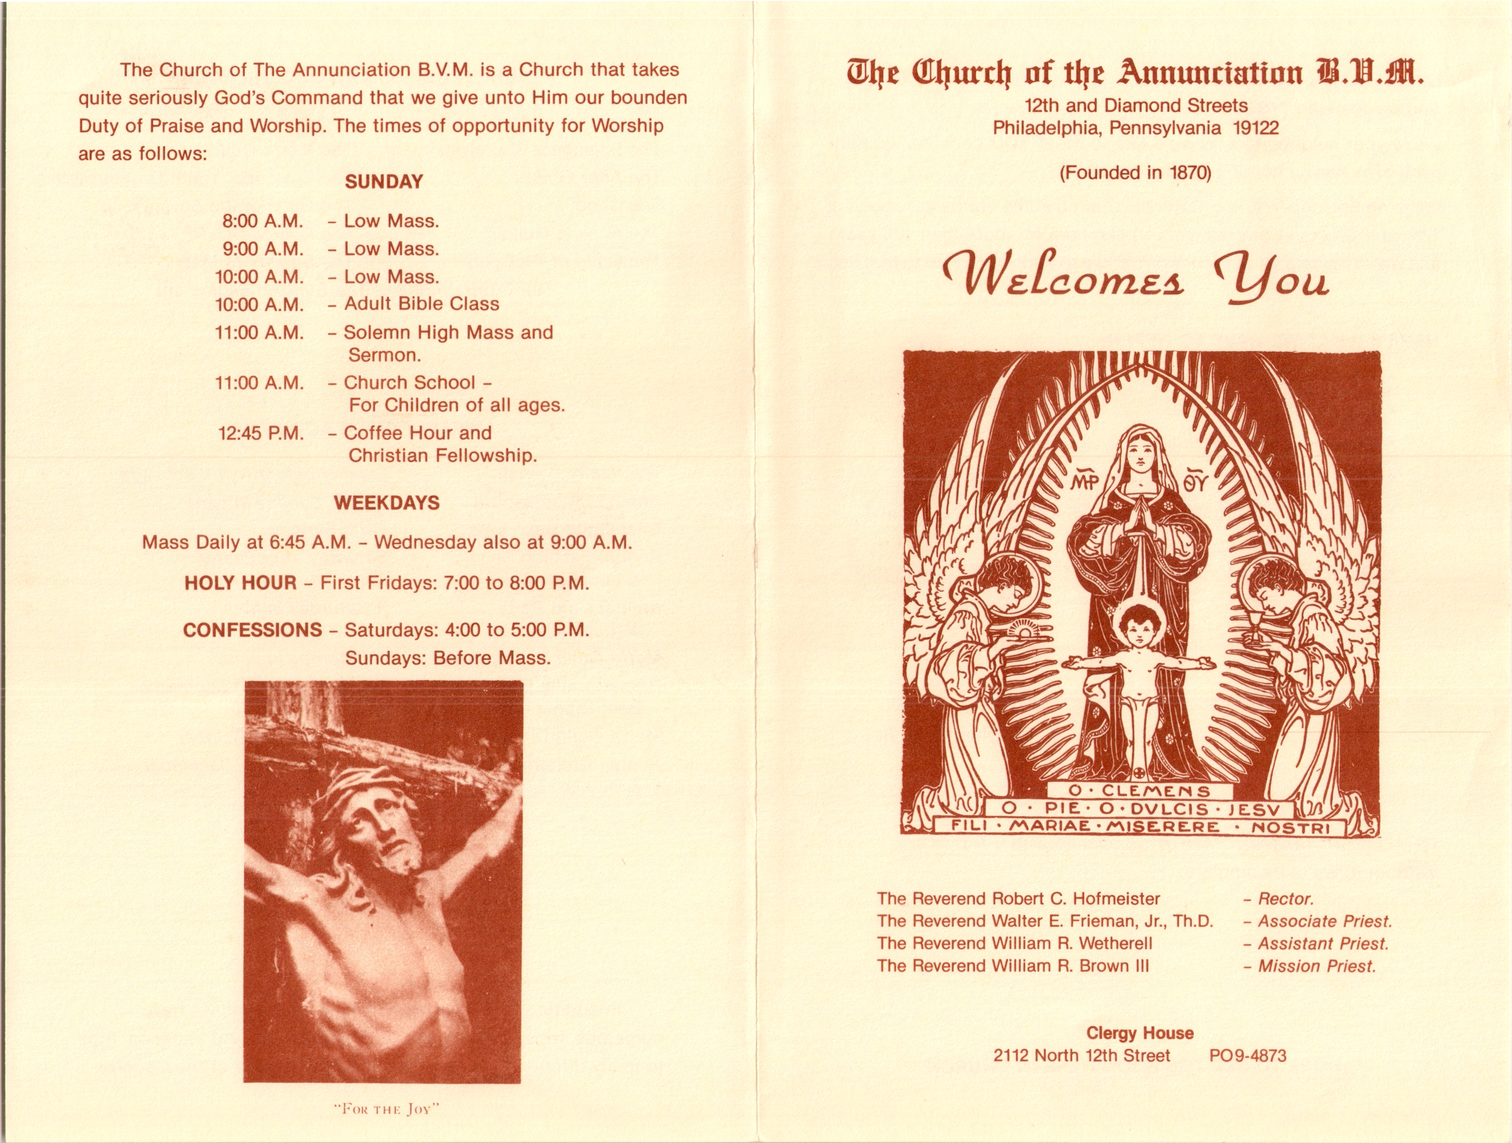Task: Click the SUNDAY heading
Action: (384, 182)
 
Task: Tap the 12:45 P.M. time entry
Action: (260, 433)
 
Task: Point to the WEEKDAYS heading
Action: (386, 503)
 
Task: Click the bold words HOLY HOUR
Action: (240, 583)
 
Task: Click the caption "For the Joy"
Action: (385, 1109)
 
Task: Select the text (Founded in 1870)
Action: (1135, 173)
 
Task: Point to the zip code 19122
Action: (1256, 128)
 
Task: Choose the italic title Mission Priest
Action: (1317, 966)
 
